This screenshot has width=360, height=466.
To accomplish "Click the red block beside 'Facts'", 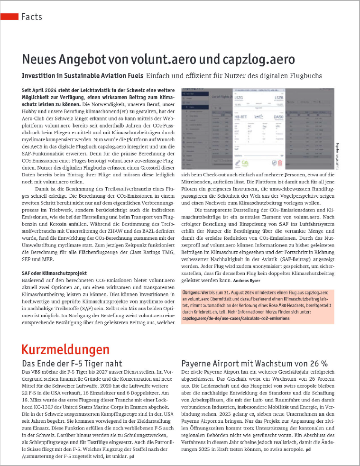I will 9,17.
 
